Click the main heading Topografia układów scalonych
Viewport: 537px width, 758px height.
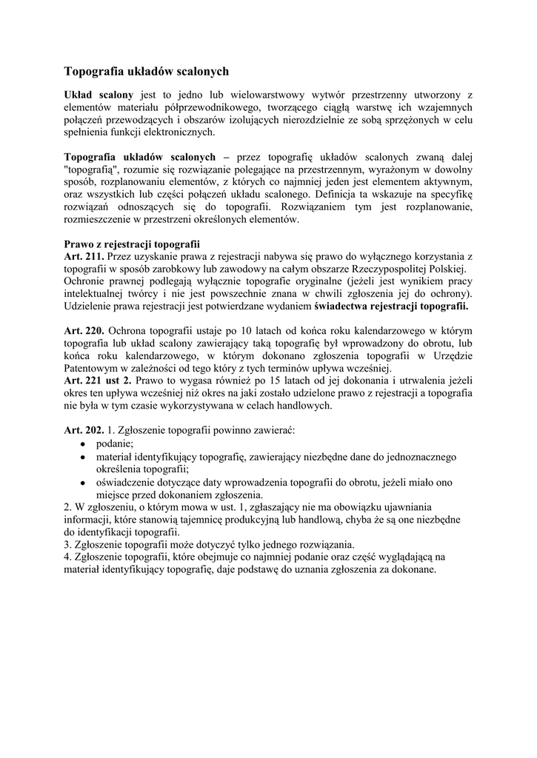[x=147, y=72]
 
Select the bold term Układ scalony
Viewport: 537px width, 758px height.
[x=99, y=95]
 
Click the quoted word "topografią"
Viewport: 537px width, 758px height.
[x=92, y=170]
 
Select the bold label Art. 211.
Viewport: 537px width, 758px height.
[x=84, y=256]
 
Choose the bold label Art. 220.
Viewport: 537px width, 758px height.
[x=84, y=330]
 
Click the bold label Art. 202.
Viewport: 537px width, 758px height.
[x=84, y=430]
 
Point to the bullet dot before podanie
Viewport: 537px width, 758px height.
[x=84, y=443]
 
